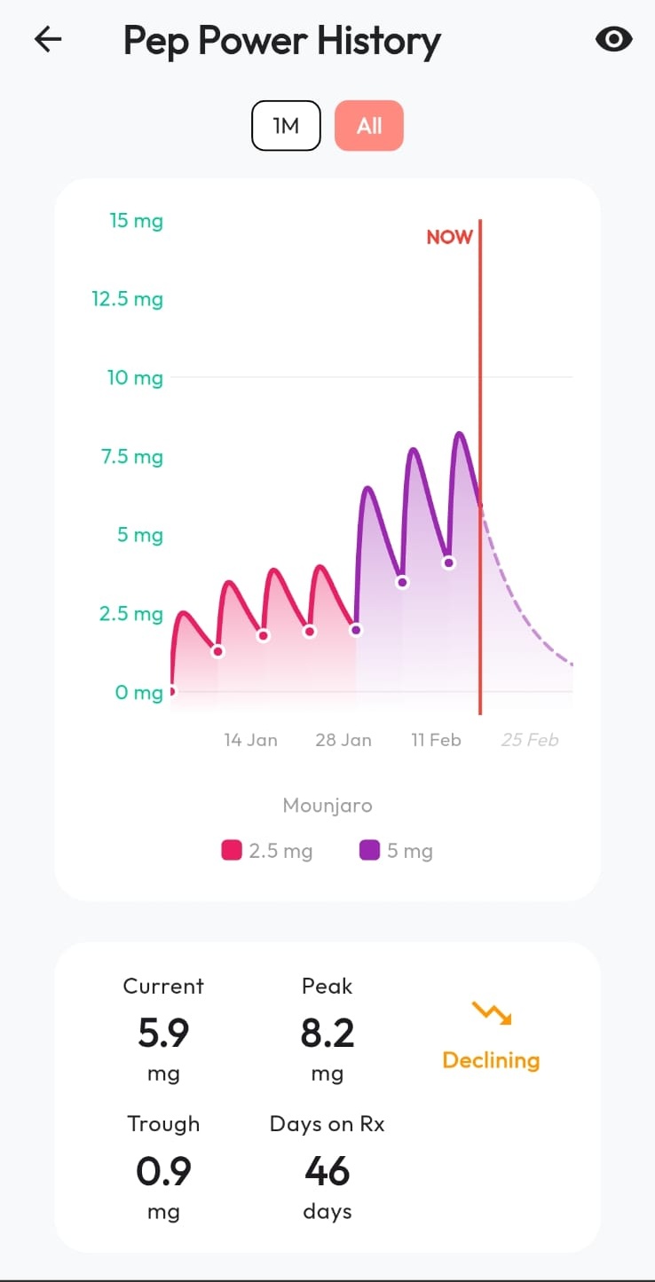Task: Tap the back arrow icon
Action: pyautogui.click(x=48, y=39)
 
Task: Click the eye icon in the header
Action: pyautogui.click(x=613, y=39)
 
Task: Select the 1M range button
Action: pyautogui.click(x=286, y=125)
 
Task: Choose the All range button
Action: pyautogui.click(x=369, y=125)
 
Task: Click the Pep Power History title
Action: pyautogui.click(x=281, y=41)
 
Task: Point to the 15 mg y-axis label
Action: pyautogui.click(x=136, y=221)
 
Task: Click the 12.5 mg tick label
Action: pyautogui.click(x=127, y=299)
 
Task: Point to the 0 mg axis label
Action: pyautogui.click(x=138, y=693)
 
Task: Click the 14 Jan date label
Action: pyautogui.click(x=250, y=740)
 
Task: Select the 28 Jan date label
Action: pyautogui.click(x=343, y=740)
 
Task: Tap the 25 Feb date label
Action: pyautogui.click(x=530, y=740)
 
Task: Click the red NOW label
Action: pyautogui.click(x=449, y=237)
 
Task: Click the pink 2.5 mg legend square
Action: pyautogui.click(x=232, y=851)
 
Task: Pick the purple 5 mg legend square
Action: pyautogui.click(x=369, y=851)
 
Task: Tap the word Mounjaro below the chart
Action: pyautogui.click(x=327, y=806)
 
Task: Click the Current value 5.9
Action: pyautogui.click(x=163, y=1034)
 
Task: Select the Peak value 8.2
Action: pyautogui.click(x=327, y=1034)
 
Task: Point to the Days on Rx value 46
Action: pyautogui.click(x=327, y=1172)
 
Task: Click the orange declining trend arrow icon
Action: pyautogui.click(x=491, y=1011)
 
